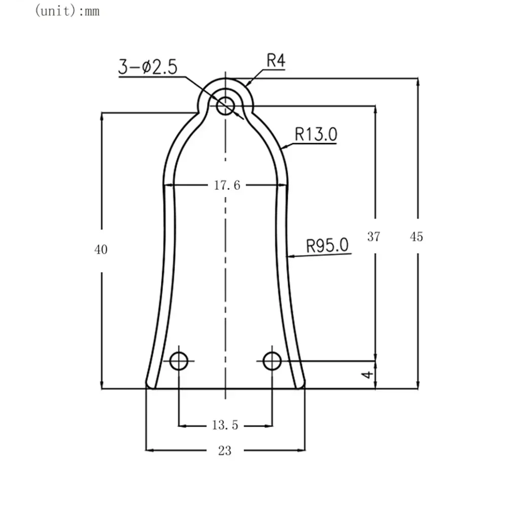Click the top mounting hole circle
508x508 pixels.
pyautogui.click(x=225, y=106)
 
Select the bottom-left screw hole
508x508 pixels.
pyautogui.click(x=179, y=361)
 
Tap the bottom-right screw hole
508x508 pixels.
pyautogui.click(x=273, y=361)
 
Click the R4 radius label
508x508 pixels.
pyautogui.click(x=276, y=61)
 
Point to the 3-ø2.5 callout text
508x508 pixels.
pyautogui.click(x=148, y=67)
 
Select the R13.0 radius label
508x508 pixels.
pyautogui.click(x=316, y=134)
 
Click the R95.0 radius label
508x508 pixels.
pyautogui.click(x=327, y=246)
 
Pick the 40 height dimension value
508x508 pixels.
pyautogui.click(x=101, y=249)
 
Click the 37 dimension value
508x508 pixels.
pyautogui.click(x=374, y=236)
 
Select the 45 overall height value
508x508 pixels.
pyautogui.click(x=416, y=236)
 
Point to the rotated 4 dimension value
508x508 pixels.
pyautogui.click(x=369, y=375)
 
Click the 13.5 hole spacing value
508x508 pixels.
pyautogui.click(x=225, y=425)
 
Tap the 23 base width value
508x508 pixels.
pyautogui.click(x=225, y=450)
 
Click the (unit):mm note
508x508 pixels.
pyautogui.click(x=66, y=11)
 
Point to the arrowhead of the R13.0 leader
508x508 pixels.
pyautogui.click(x=283, y=148)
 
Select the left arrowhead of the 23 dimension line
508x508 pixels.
pyautogui.click(x=149, y=450)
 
